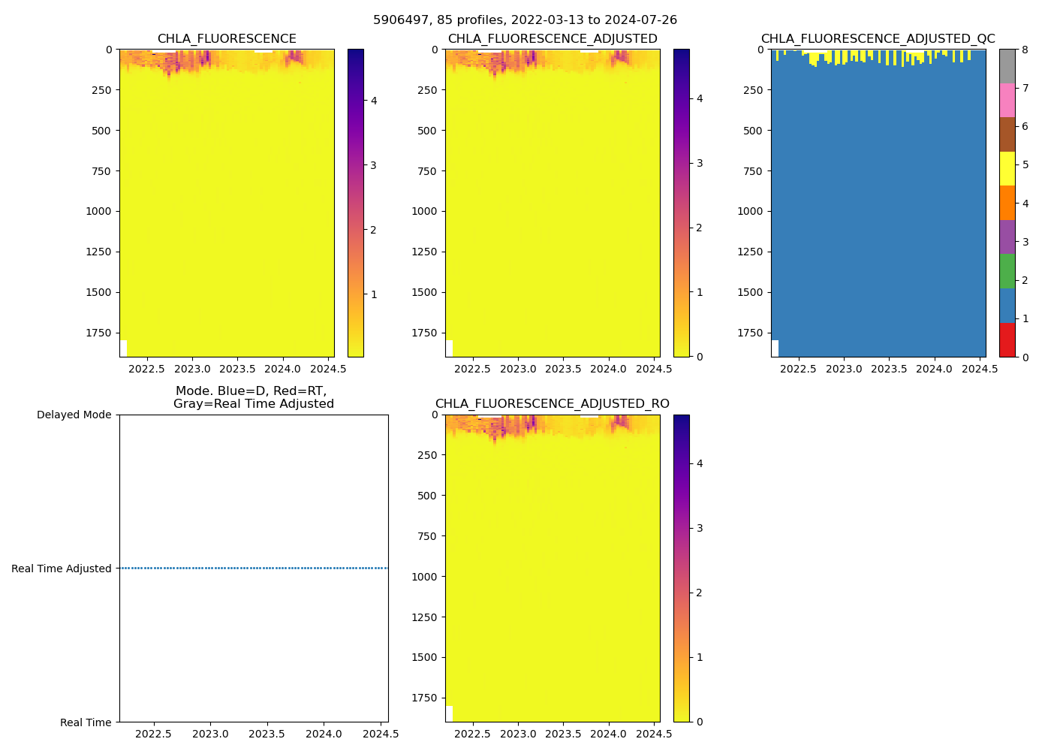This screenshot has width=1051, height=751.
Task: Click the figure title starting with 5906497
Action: pos(525,20)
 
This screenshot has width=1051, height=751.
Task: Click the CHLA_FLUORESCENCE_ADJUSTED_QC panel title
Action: pos(878,39)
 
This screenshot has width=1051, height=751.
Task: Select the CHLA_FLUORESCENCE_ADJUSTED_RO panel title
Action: pos(552,404)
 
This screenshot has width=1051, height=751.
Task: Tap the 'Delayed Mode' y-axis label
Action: pos(74,415)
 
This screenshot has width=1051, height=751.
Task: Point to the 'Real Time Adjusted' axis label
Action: pos(62,569)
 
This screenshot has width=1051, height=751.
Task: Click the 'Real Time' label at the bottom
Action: pos(86,722)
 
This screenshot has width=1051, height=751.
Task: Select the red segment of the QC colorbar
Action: pos(1007,339)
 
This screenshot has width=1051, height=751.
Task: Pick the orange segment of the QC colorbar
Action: pos(1007,203)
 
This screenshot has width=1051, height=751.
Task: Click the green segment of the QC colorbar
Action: pos(1007,271)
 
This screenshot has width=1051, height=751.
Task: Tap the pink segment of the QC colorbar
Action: pos(1007,100)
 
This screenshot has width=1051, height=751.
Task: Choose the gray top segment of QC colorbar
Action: pos(1007,66)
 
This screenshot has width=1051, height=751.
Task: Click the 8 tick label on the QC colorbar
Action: pos(1025,50)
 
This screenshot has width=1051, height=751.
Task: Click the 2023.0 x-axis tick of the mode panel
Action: pos(210,734)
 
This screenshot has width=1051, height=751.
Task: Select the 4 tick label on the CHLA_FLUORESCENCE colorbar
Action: pos(374,101)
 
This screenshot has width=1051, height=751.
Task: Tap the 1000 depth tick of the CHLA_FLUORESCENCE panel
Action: pos(98,211)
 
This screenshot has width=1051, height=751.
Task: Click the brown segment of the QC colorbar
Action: pos(1007,134)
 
